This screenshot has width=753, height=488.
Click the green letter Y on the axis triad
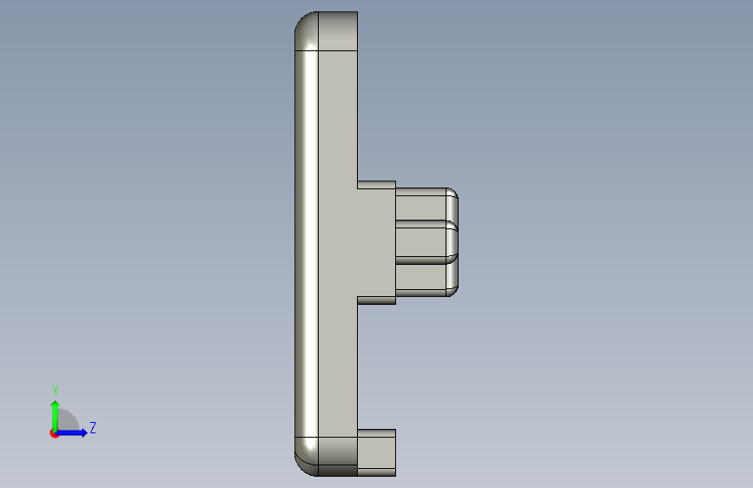point(56,390)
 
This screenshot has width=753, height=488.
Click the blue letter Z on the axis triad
point(93,427)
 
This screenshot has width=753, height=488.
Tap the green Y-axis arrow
point(56,416)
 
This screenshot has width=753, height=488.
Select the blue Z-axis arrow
point(71,432)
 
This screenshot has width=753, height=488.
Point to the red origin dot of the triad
point(54,433)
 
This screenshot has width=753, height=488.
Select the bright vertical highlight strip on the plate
point(307,243)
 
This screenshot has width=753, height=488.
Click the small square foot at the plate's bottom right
point(377,453)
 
